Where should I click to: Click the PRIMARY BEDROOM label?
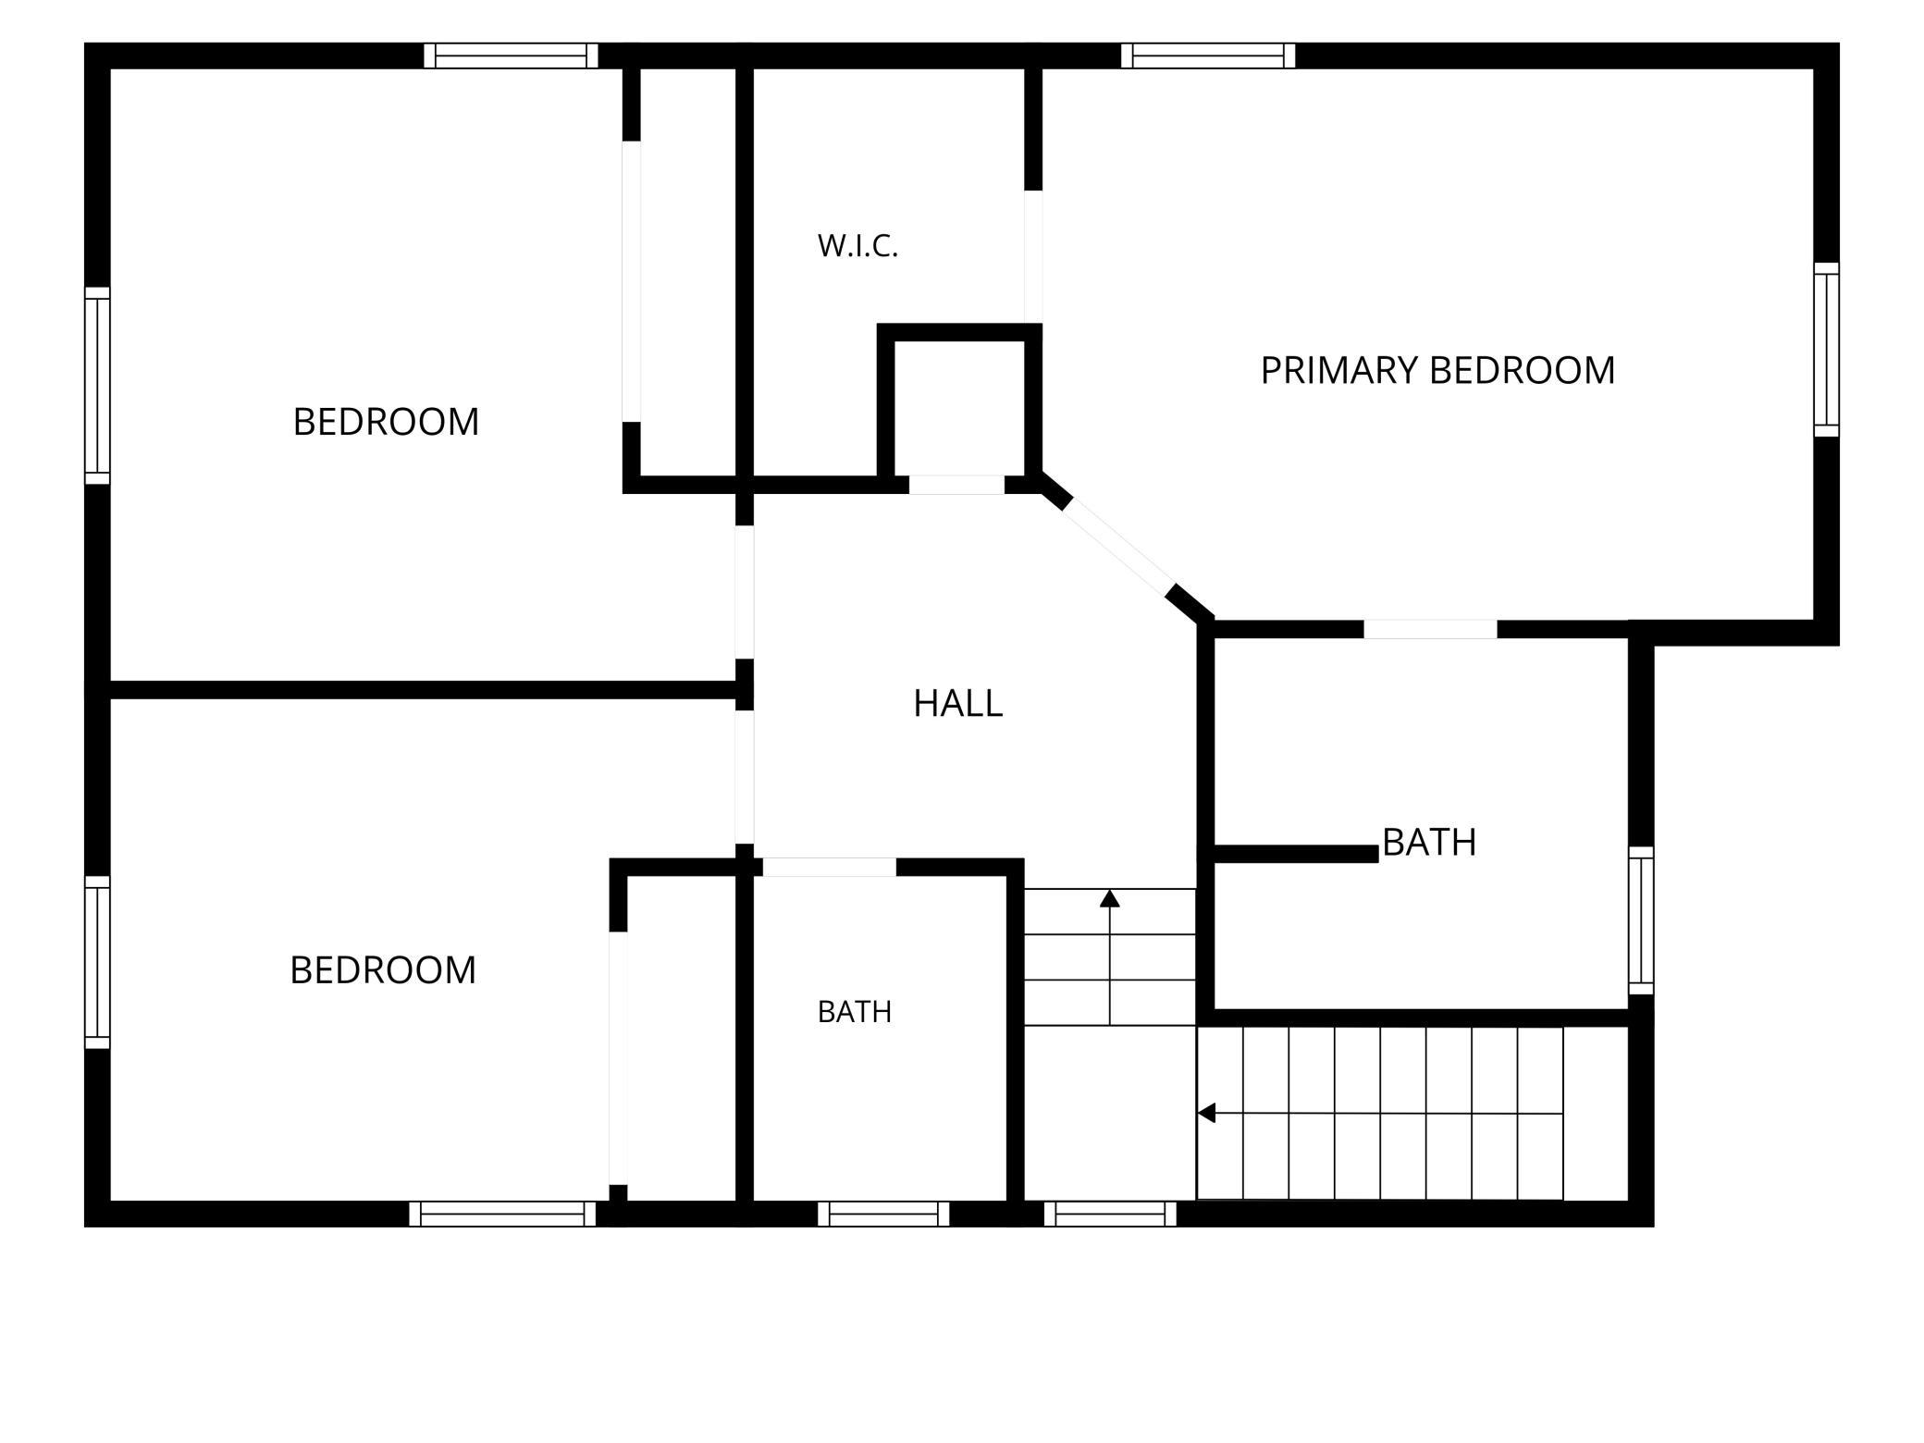pyautogui.click(x=1437, y=370)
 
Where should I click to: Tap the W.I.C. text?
pyautogui.click(x=857, y=246)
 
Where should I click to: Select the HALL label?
pyautogui.click(x=957, y=704)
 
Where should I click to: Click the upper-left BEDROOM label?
pyautogui.click(x=386, y=422)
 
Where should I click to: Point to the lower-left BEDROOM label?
pyautogui.click(x=383, y=970)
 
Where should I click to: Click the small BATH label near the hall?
pyautogui.click(x=855, y=1012)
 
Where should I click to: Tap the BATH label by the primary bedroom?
pyautogui.click(x=1429, y=843)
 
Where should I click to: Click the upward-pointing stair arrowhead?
pyautogui.click(x=1110, y=898)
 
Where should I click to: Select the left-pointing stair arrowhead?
pyautogui.click(x=1206, y=1113)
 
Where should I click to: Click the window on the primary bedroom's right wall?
pyautogui.click(x=1826, y=350)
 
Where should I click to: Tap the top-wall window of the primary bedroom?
pyautogui.click(x=1208, y=55)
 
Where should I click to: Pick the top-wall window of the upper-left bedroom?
pyautogui.click(x=511, y=55)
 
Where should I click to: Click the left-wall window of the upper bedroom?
pyautogui.click(x=97, y=385)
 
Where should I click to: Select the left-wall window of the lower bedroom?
pyautogui.click(x=97, y=962)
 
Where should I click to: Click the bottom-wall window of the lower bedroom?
pyautogui.click(x=502, y=1214)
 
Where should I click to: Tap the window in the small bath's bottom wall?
pyautogui.click(x=883, y=1214)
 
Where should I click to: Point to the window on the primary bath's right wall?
pyautogui.click(x=1641, y=920)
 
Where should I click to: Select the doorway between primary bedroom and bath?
pyautogui.click(x=1430, y=630)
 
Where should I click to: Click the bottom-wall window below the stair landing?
pyautogui.click(x=1110, y=1214)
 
